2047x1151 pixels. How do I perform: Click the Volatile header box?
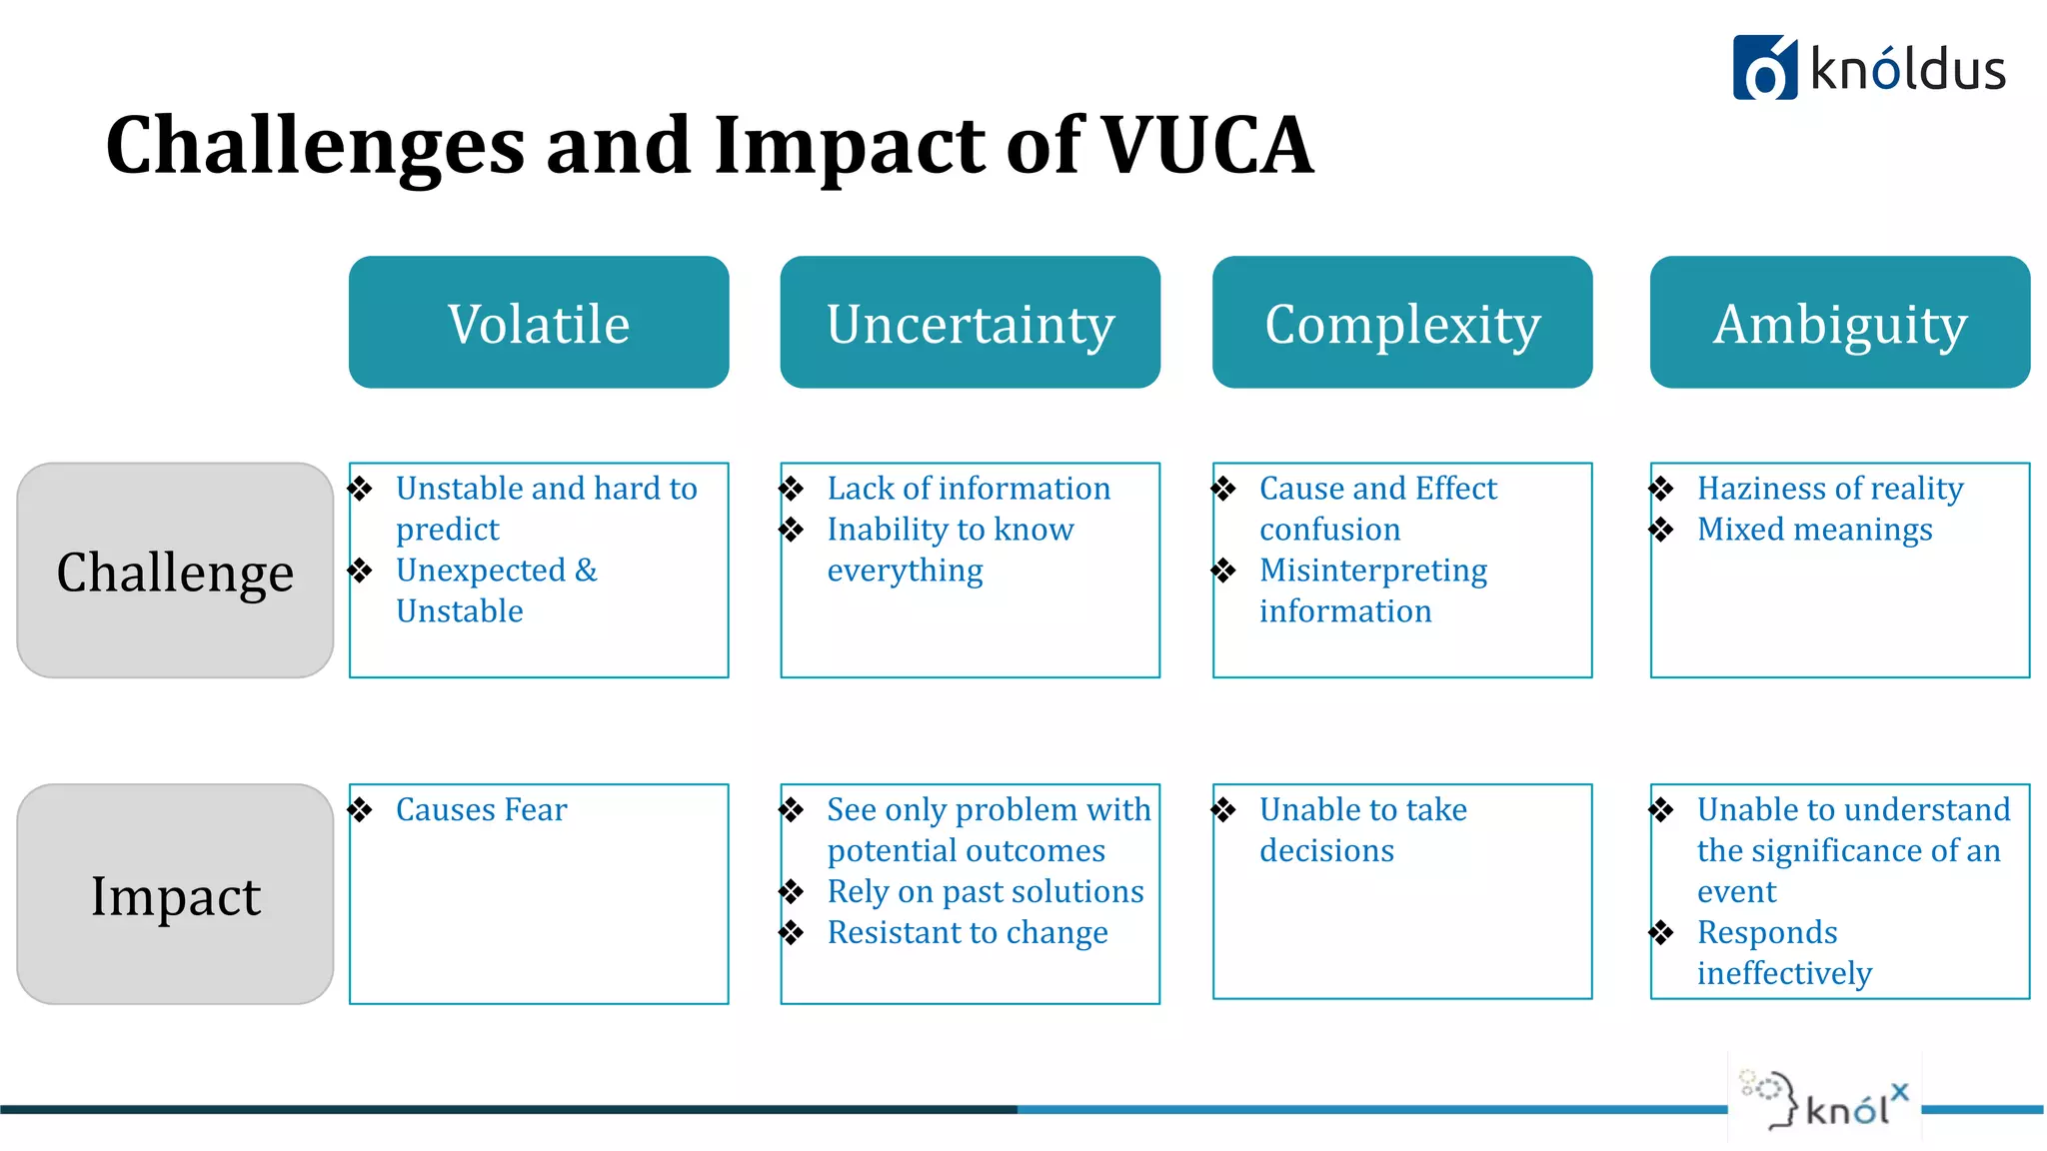[539, 323]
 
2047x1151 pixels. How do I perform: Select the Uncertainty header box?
[970, 323]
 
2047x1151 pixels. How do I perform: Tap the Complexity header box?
[1401, 323]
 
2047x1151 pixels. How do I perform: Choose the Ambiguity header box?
[1839, 323]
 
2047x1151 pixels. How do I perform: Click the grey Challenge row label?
[175, 571]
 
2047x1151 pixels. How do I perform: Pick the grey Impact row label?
[175, 894]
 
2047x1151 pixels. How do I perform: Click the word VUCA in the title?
[1207, 146]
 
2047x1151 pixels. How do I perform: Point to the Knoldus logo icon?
[1764, 68]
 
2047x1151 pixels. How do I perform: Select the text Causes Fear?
[481, 809]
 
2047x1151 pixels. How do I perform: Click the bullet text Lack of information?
[969, 489]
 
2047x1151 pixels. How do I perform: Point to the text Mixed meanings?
[1814, 530]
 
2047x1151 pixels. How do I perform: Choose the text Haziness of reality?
[1829, 489]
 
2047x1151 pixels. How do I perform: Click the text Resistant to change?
[967, 932]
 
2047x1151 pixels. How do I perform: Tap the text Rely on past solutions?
[985, 891]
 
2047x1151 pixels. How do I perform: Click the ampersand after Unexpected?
[586, 571]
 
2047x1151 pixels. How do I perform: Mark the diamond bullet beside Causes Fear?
[361, 809]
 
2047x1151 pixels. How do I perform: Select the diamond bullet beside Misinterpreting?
[1223, 571]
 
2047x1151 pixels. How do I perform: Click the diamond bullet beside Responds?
[1661, 932]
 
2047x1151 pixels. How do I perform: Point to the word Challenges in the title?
[315, 146]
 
